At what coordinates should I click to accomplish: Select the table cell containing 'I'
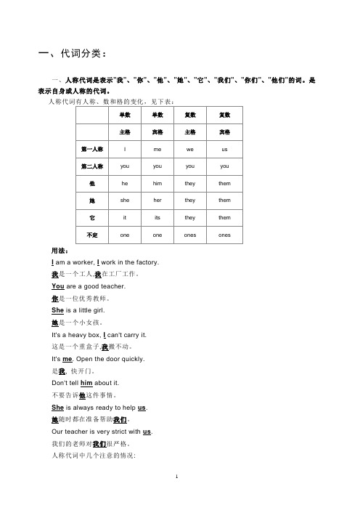click(x=125, y=149)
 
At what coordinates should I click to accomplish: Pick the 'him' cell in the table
click(x=157, y=183)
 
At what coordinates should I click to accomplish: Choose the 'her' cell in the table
click(x=157, y=200)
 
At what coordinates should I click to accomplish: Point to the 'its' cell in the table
click(x=157, y=217)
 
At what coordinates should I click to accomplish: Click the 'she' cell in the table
click(x=125, y=200)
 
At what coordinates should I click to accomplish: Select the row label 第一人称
click(x=92, y=149)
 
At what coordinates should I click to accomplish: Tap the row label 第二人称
click(x=92, y=166)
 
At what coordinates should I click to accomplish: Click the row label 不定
click(x=92, y=235)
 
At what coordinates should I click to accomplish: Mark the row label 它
click(x=92, y=217)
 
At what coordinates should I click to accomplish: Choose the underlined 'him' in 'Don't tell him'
click(x=85, y=383)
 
